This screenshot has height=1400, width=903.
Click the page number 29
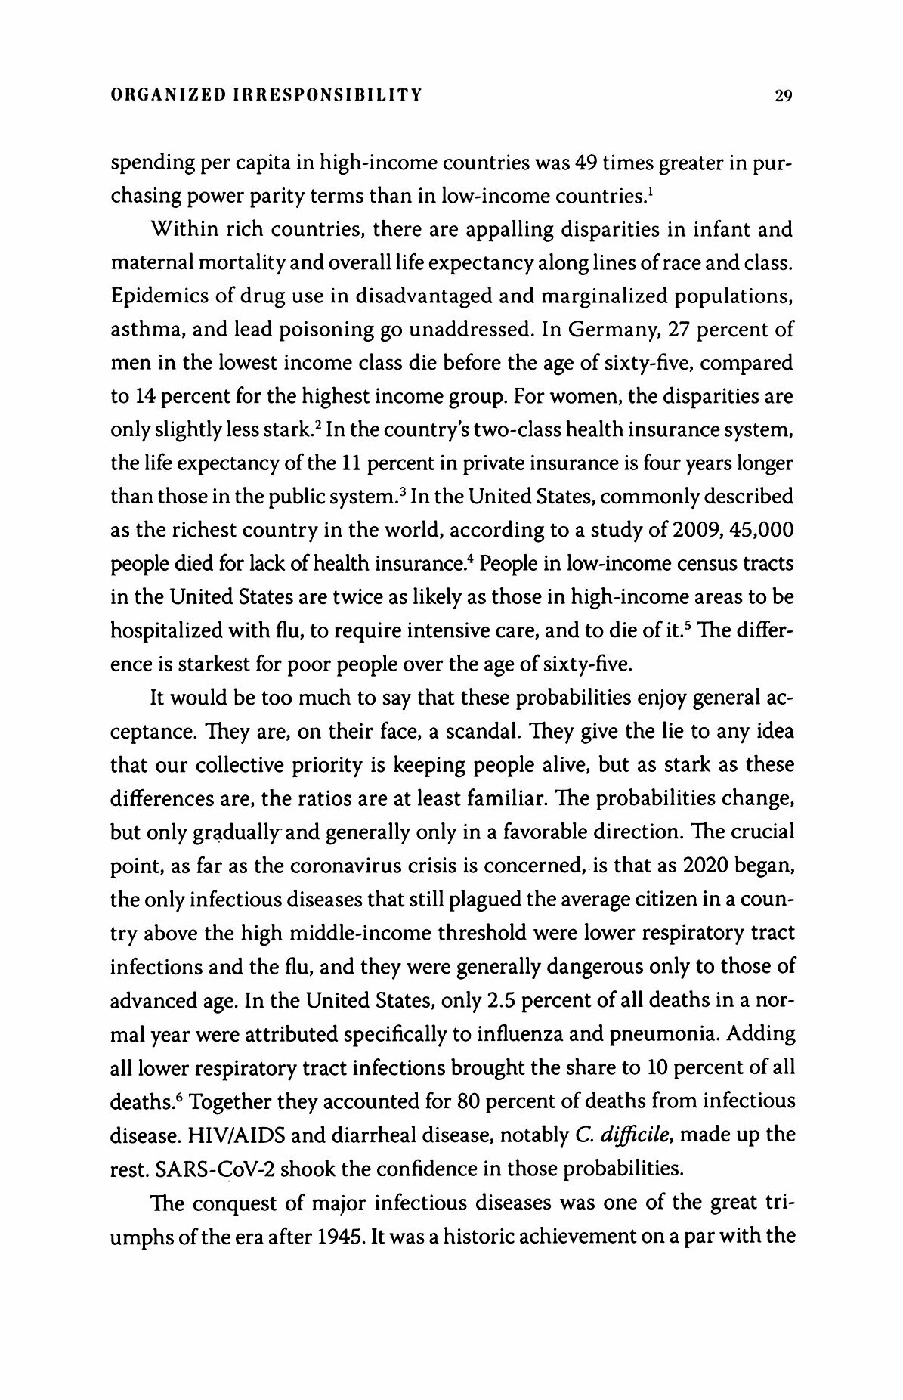pos(781,96)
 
